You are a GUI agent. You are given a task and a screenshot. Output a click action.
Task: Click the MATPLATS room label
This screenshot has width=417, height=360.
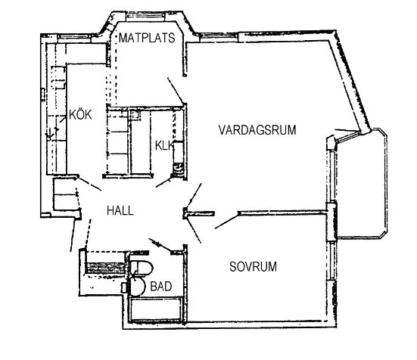147,38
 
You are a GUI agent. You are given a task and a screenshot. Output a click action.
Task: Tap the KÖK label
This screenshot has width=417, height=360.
80,114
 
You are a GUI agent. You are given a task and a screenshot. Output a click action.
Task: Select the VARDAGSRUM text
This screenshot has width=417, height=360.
257,130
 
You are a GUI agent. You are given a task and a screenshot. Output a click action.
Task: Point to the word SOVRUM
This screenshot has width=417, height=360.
253,266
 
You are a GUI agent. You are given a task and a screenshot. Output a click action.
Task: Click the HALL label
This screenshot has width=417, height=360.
120,211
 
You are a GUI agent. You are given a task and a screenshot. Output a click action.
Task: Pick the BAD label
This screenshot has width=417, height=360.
161,287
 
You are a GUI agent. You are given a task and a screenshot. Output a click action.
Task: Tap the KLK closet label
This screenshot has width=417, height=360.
164,146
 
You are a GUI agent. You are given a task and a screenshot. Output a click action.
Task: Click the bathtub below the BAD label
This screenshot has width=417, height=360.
156,309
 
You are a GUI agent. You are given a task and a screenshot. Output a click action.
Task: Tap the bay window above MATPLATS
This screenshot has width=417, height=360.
145,16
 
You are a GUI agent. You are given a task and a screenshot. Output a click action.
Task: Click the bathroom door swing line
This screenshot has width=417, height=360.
160,245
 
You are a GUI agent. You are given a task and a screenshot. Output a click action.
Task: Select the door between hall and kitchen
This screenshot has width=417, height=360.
90,184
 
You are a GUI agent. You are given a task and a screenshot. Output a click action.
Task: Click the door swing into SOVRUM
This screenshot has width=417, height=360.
227,222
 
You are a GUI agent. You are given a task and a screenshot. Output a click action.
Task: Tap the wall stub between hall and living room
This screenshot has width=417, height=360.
198,213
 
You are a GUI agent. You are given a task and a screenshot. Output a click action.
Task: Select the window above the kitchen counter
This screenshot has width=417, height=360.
74,36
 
